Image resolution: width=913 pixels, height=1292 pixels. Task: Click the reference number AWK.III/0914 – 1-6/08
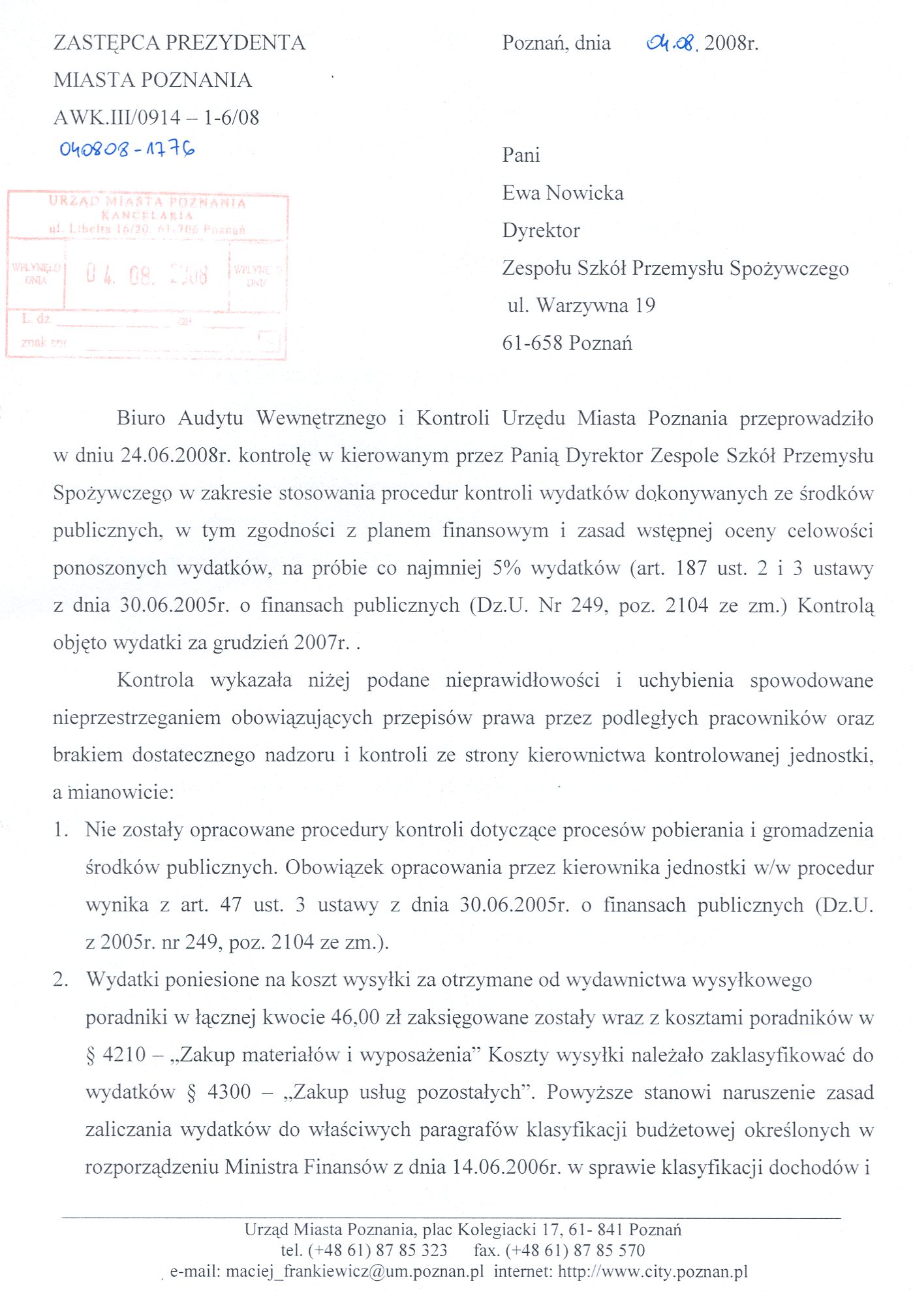157,118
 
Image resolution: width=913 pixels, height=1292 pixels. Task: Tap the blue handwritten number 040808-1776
127,150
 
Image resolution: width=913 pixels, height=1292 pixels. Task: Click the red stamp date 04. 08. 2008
147,275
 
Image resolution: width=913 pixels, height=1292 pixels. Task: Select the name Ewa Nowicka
563,193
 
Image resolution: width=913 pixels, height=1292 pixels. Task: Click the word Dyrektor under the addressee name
541,230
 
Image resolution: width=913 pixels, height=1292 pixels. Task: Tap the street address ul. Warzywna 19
581,306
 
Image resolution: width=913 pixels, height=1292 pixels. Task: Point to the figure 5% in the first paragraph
506,568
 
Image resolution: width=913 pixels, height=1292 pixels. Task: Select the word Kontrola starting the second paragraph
155,680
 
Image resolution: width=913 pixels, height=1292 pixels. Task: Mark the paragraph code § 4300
219,1092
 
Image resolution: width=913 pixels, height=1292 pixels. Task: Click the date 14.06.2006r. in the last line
506,1167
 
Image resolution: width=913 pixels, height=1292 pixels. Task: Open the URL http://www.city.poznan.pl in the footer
653,1272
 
